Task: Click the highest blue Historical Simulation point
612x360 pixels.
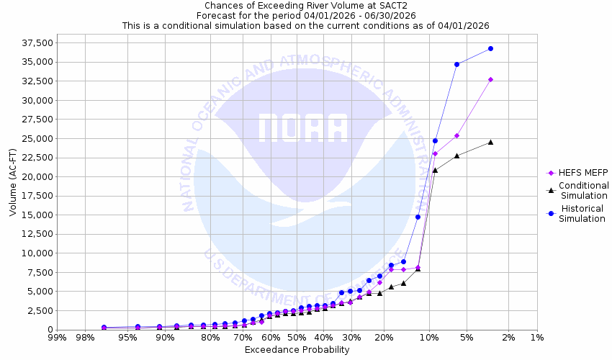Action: pos(490,48)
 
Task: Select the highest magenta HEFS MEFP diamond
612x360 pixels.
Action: pos(490,79)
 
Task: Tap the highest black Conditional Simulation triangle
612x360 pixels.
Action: pos(490,142)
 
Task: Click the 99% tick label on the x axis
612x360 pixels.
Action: pos(57,338)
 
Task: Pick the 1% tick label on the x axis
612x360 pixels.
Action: pos(536,338)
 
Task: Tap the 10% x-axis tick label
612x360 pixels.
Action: pos(429,338)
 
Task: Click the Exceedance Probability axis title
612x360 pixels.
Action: pos(297,350)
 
